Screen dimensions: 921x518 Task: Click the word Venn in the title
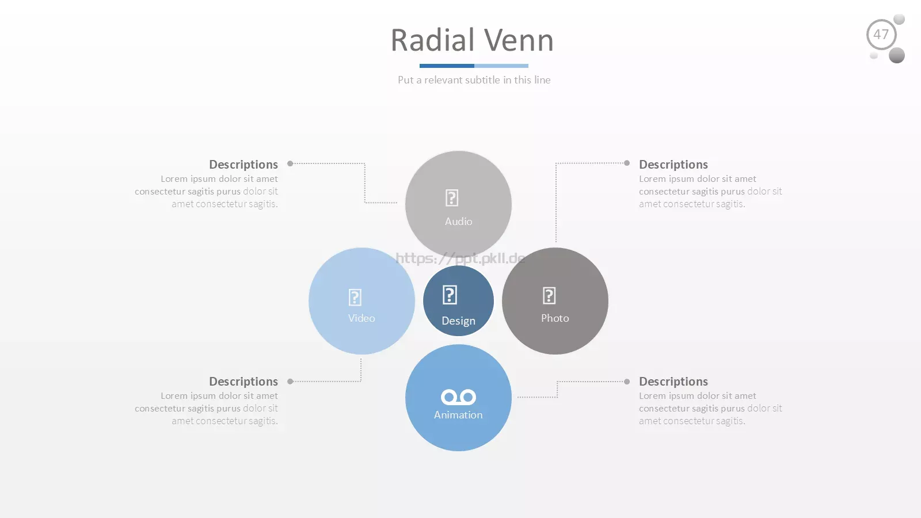pos(519,40)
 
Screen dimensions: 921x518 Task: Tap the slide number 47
pos(881,35)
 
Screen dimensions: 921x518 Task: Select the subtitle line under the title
pos(474,80)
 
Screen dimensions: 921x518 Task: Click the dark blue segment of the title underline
pos(447,66)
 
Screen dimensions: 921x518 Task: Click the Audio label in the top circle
pos(458,221)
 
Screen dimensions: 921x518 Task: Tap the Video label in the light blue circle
pos(361,318)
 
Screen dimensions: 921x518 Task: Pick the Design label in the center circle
pos(458,321)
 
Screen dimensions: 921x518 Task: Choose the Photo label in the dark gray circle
pos(555,318)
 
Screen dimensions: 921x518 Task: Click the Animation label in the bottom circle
pos(458,415)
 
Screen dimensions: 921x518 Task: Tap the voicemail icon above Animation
pos(458,397)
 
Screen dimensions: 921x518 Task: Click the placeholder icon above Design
pos(450,295)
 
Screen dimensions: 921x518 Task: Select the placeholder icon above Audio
pos(452,198)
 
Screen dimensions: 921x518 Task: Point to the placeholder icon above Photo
pos(549,296)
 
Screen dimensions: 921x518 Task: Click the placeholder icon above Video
pos(355,297)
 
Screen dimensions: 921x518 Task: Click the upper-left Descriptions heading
pos(243,165)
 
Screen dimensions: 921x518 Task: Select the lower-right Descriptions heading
pos(673,382)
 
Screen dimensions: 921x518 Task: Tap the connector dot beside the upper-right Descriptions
pos(627,163)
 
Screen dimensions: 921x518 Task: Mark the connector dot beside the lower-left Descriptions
pos(290,382)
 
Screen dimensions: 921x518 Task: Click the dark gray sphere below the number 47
pos(897,55)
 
